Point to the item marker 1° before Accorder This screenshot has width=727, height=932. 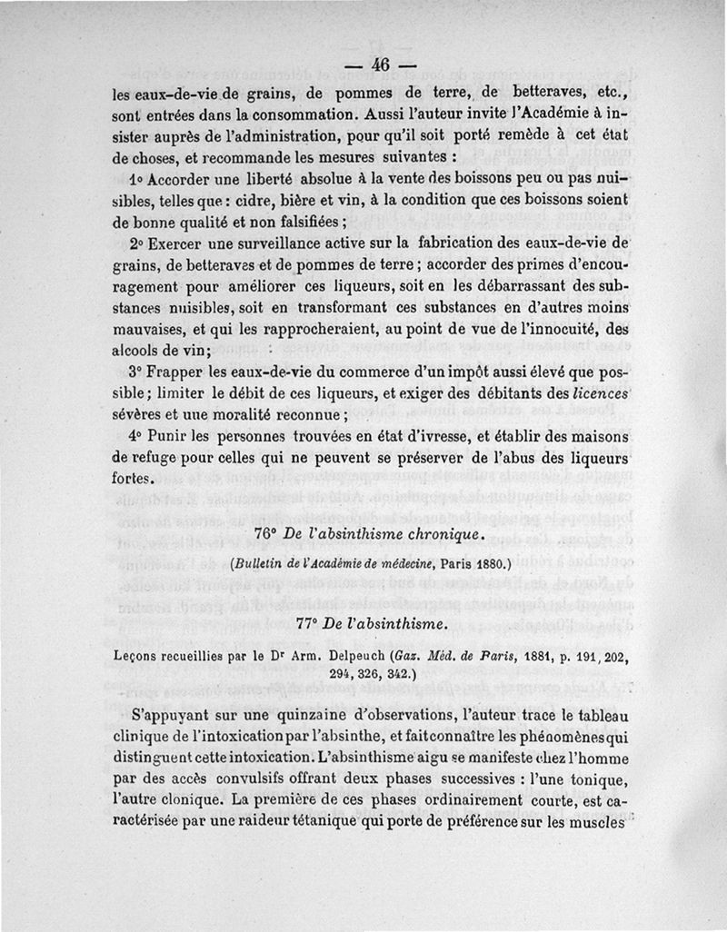tap(137, 178)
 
